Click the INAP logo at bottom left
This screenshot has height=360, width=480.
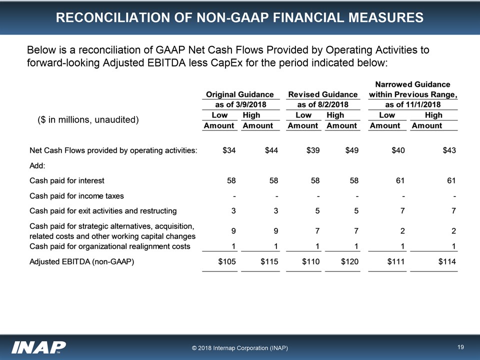[39, 346]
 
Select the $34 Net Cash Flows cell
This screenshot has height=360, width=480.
[228, 150]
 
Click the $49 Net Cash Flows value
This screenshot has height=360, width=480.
[350, 150]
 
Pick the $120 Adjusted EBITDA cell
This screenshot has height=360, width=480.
[348, 261]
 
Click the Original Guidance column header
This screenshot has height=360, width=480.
[240, 94]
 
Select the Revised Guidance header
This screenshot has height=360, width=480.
[322, 94]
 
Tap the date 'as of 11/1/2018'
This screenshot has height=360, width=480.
[412, 104]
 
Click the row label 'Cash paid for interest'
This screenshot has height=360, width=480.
[67, 180]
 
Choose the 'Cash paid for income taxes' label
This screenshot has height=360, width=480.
[76, 195]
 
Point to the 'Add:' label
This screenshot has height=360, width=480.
[37, 165]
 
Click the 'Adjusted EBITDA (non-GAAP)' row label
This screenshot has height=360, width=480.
[82, 261]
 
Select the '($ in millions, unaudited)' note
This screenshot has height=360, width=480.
[88, 120]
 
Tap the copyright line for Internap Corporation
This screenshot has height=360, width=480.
[239, 347]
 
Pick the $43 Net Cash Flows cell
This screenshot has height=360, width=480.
[448, 150]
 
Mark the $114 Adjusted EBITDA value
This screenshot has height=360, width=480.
[446, 261]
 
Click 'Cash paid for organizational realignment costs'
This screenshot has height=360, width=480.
[110, 246]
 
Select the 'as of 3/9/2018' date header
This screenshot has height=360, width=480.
[240, 104]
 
